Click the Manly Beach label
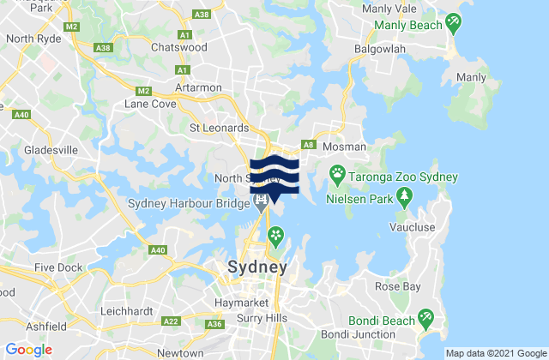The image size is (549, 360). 407,25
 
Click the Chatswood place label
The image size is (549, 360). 179,48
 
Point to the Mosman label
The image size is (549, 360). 346,147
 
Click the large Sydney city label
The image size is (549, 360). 256,267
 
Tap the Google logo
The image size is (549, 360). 28,350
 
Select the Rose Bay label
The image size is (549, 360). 396,286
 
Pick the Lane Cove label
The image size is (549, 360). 149,105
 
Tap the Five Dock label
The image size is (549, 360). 59,267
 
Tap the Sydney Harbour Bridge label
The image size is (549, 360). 187,203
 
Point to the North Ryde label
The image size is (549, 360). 32,39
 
